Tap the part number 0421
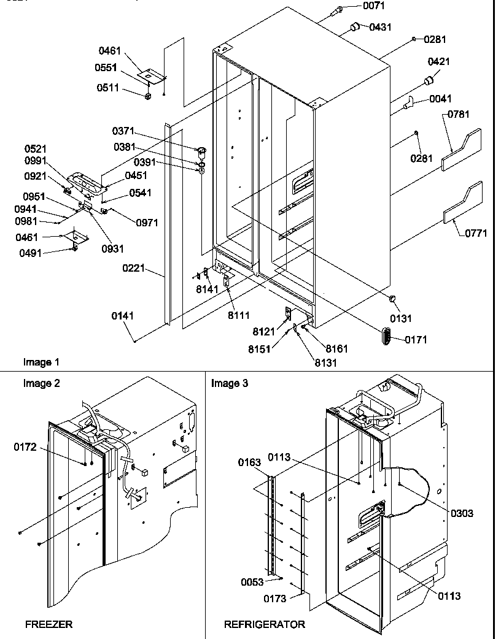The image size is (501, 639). coord(438,62)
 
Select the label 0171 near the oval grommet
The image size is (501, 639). coord(416,339)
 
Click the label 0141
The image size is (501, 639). coord(123,316)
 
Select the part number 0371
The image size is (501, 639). coord(123,131)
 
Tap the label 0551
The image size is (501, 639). coord(107,67)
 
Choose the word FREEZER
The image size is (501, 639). coord(49,624)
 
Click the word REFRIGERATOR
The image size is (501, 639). coord(264,624)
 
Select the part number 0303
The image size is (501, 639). coord(461,513)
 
